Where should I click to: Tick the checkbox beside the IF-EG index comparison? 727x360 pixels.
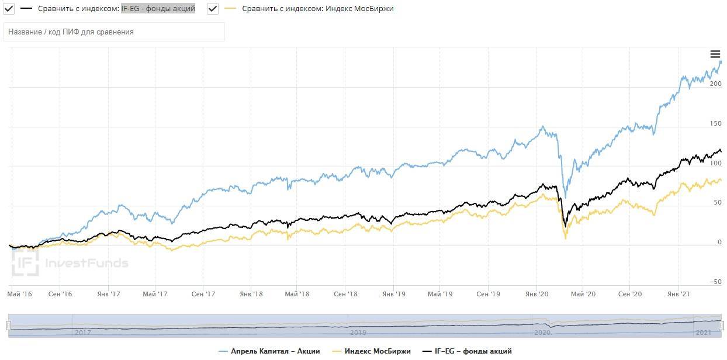pos(9,9)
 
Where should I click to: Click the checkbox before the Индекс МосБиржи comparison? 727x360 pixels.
pos(213,9)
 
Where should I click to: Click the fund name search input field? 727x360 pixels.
pos(114,32)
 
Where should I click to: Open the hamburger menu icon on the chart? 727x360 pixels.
pos(715,54)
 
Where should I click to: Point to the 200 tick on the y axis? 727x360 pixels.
pos(715,84)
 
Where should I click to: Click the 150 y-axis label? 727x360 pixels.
pos(715,123)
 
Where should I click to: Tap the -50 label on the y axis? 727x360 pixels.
pos(715,282)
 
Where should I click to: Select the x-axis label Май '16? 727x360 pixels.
pos(20,293)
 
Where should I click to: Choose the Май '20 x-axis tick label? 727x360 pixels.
pos(582,293)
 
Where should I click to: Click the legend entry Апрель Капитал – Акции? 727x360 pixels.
pos(269,351)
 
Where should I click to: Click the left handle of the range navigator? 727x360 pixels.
pos(9,326)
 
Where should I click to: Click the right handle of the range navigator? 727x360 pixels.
pos(721,326)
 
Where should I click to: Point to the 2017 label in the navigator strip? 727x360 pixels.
pos(82,332)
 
